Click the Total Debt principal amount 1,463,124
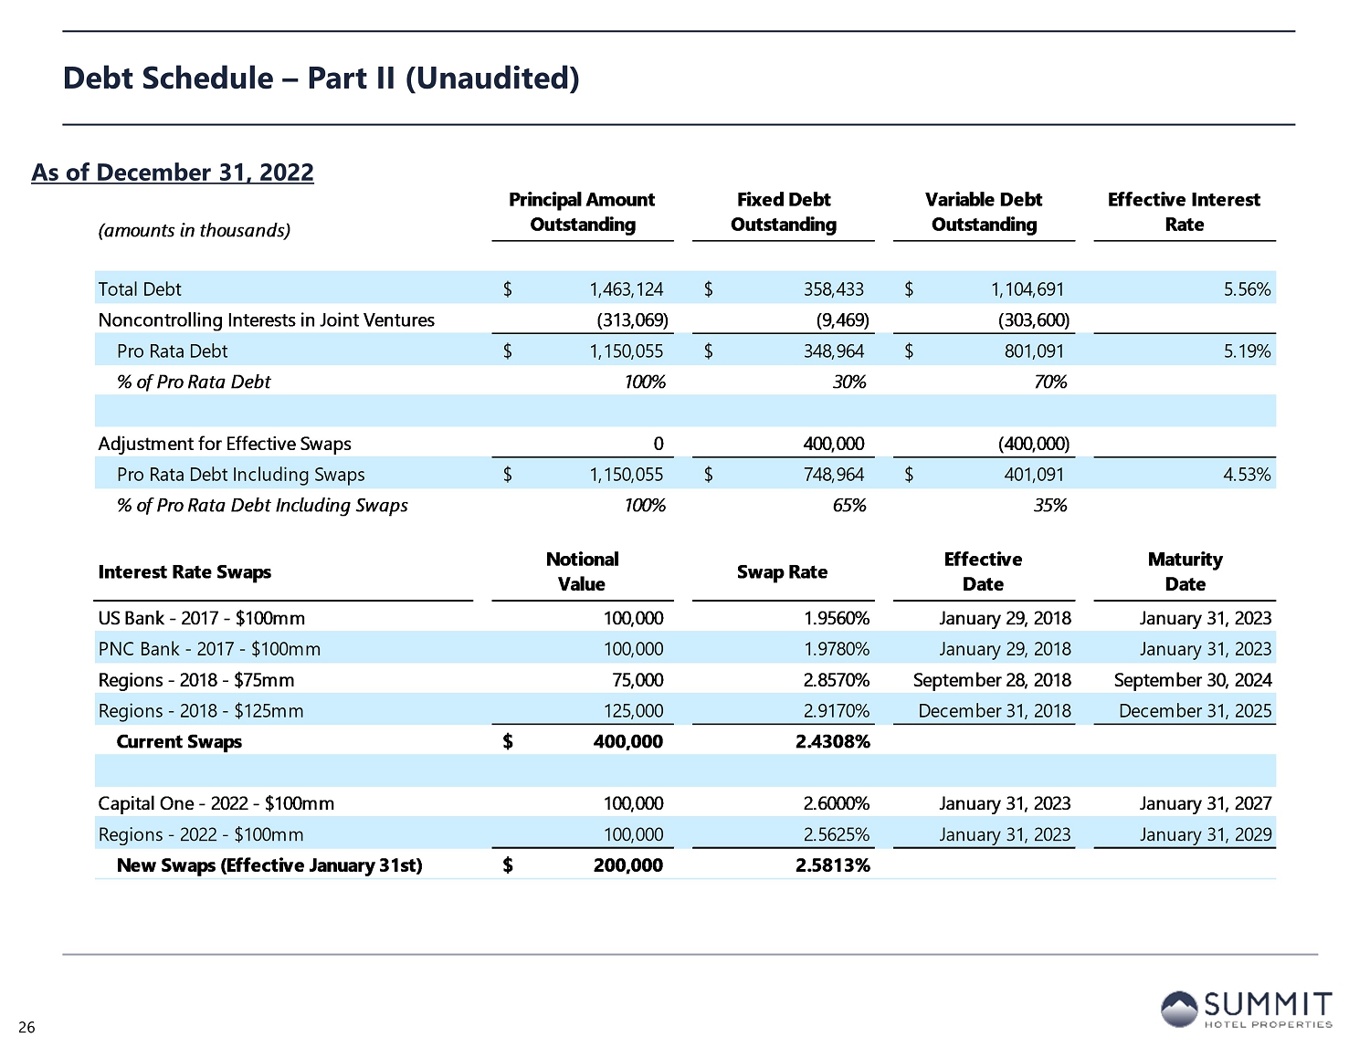(626, 289)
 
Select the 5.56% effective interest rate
(1247, 289)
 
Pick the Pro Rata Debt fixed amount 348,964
(829, 351)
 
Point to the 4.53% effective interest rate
(1247, 475)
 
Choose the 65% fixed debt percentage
(849, 506)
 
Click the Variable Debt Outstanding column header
(984, 212)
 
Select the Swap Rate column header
(782, 572)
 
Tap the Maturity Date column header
(1185, 571)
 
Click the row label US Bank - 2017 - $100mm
(202, 618)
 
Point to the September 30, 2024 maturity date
(1193, 680)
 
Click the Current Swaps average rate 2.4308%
(833, 742)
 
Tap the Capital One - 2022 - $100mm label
(216, 803)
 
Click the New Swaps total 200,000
(627, 865)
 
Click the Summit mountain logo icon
(1178, 1010)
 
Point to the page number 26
(26, 1029)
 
